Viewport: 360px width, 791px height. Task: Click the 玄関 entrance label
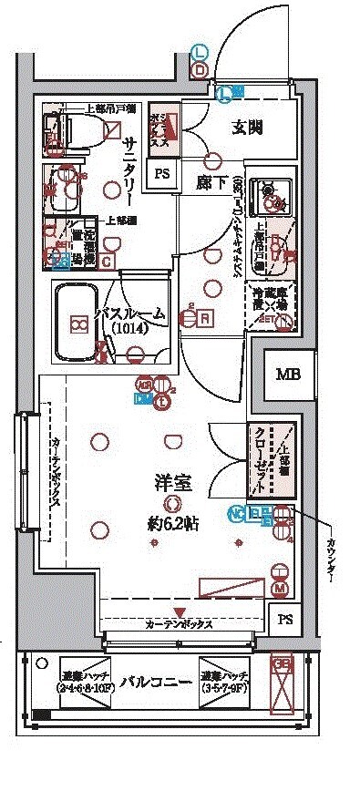[x=247, y=128]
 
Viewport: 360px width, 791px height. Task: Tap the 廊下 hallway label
[x=210, y=181]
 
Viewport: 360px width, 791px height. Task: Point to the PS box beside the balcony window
[x=285, y=621]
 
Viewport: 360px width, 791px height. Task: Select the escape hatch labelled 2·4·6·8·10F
[x=85, y=682]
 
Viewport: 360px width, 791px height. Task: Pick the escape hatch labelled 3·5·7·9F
[x=226, y=682]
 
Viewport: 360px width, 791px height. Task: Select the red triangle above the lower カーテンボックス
[x=180, y=611]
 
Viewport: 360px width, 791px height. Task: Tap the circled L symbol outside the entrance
[x=200, y=53]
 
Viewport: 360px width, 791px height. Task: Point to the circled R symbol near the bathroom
[x=206, y=318]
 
